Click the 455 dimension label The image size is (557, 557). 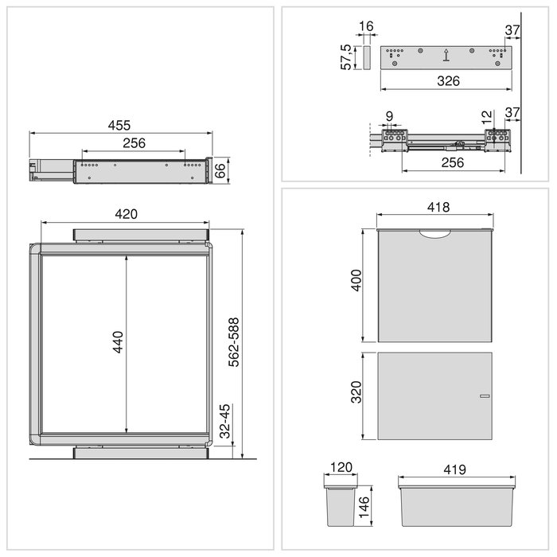(120, 126)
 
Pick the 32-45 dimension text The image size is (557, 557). (224, 423)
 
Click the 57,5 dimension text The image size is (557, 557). (346, 58)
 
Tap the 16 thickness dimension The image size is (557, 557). (365, 27)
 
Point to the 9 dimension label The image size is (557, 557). (389, 116)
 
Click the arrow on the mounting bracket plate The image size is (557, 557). (446, 56)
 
